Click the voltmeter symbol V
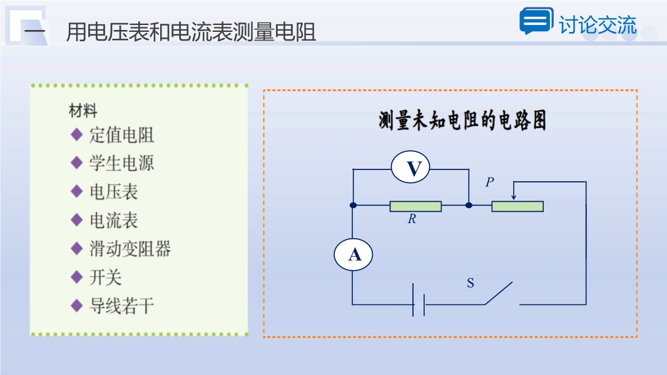(x=410, y=167)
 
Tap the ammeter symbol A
(x=353, y=255)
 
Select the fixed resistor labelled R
(x=415, y=206)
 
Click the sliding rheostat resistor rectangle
(x=517, y=206)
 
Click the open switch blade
(x=499, y=293)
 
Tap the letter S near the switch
(x=470, y=283)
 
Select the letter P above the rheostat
(x=490, y=182)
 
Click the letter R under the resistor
(x=412, y=219)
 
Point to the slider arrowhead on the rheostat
(x=514, y=197)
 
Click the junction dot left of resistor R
(x=353, y=206)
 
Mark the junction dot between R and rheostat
(x=469, y=206)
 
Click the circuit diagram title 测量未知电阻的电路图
(x=462, y=121)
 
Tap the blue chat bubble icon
(x=536, y=21)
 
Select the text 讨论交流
(x=598, y=24)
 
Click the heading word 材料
(x=83, y=111)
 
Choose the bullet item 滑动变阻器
(x=130, y=249)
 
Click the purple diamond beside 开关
(x=76, y=277)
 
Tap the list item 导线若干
(x=121, y=306)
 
